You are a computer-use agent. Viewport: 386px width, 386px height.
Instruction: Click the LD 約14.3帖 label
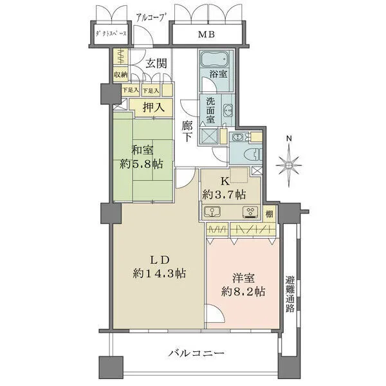(160, 267)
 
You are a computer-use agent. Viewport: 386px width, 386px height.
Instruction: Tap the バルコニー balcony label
(196, 353)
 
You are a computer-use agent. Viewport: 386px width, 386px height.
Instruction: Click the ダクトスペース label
(111, 35)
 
